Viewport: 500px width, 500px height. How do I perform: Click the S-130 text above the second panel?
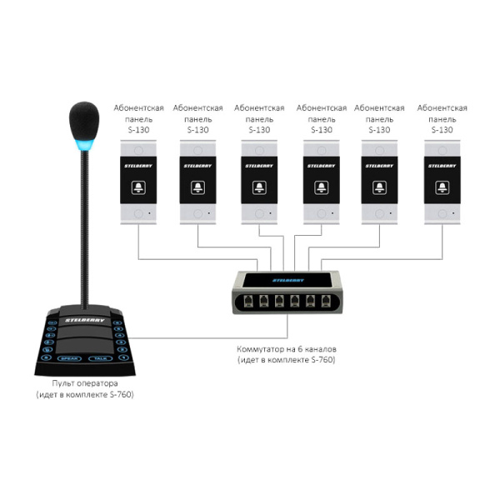pyautogui.click(x=198, y=130)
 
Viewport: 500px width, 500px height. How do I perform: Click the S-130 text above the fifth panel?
pyautogui.click(x=380, y=130)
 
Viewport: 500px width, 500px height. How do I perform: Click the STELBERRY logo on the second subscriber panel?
pyautogui.click(x=198, y=165)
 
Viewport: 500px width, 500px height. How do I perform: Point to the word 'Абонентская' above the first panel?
pyautogui.click(x=137, y=108)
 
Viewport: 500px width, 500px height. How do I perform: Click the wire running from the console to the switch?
pyautogui.click(x=183, y=337)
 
